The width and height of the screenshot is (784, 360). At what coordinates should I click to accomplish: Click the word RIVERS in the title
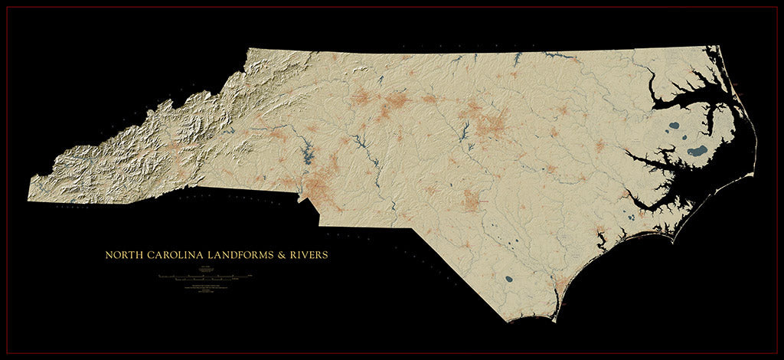pos(308,254)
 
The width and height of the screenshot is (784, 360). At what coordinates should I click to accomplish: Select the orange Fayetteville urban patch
pos(473,201)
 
